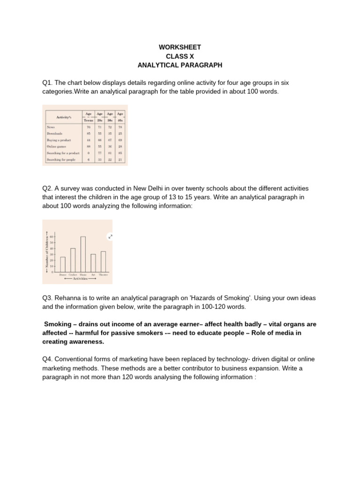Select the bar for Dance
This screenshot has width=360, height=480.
pyautogui.click(x=63, y=264)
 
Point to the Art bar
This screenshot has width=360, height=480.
pyautogui.click(x=93, y=262)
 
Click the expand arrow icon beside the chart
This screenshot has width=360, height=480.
pyautogui.click(x=110, y=237)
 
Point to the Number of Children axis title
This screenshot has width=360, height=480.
pyautogui.click(x=47, y=252)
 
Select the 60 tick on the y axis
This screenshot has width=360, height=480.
pyautogui.click(x=52, y=237)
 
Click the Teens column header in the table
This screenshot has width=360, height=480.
pyautogui.click(x=89, y=120)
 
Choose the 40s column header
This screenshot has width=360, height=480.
pyautogui.click(x=120, y=120)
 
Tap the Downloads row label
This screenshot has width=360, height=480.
pyautogui.click(x=54, y=134)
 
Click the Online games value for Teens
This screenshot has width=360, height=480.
pyautogui.click(x=89, y=147)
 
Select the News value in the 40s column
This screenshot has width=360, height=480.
pyautogui.click(x=120, y=127)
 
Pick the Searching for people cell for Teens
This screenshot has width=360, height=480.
pyautogui.click(x=89, y=160)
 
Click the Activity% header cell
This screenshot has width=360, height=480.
pyautogui.click(x=63, y=117)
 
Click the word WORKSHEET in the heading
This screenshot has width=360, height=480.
pyautogui.click(x=180, y=47)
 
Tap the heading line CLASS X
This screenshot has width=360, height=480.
pyautogui.click(x=180, y=56)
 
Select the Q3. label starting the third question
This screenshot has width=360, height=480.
pyautogui.click(x=48, y=298)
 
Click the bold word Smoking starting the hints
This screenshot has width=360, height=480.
pyautogui.click(x=59, y=324)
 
